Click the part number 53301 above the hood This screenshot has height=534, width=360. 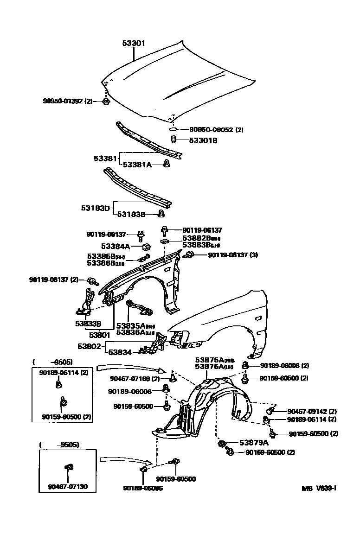134,44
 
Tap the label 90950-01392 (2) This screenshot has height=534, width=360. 68,101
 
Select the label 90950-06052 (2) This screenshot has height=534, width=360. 216,130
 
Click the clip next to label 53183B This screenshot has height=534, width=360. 161,214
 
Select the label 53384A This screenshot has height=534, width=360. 116,246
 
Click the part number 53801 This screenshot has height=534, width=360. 99,334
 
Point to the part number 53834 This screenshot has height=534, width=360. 120,352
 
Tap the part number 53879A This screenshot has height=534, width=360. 254,443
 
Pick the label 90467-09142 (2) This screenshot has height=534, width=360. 312,411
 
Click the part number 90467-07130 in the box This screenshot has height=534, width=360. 67,487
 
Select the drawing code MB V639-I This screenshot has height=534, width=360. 319,488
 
